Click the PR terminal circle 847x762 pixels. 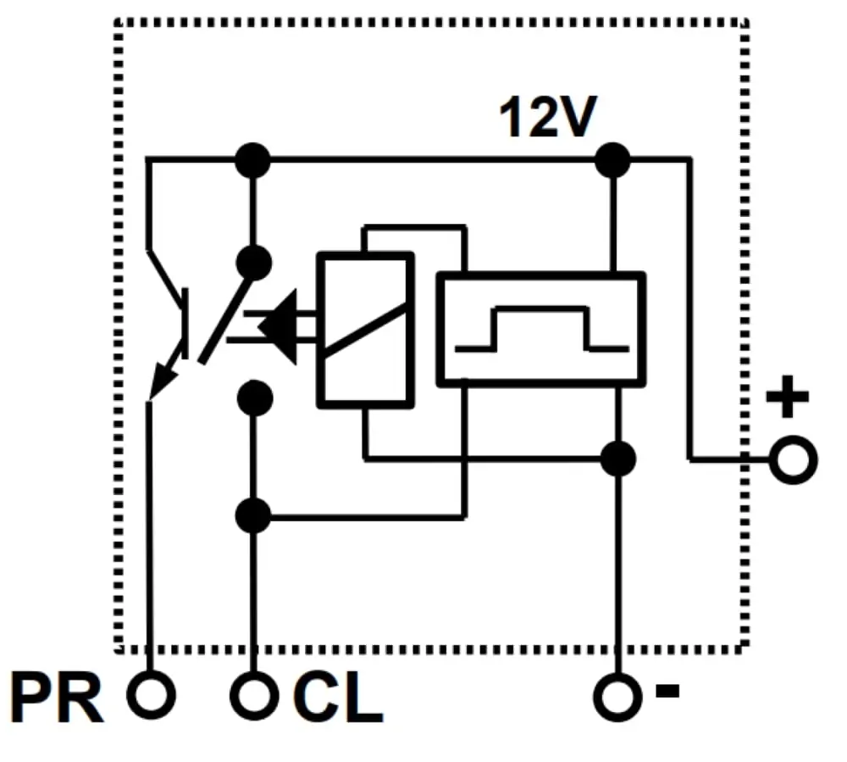(151, 696)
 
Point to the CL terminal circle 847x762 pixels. (253, 696)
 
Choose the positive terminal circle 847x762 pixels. (794, 460)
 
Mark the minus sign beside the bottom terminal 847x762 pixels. (667, 691)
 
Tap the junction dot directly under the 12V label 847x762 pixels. (612, 159)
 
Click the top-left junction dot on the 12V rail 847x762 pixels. (252, 159)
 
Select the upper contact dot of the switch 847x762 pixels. (253, 262)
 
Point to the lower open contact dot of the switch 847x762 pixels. (253, 397)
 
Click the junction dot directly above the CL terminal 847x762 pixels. (252, 514)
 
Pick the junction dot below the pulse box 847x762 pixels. (617, 459)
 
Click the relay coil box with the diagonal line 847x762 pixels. (366, 328)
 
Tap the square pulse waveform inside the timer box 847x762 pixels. (542, 329)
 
